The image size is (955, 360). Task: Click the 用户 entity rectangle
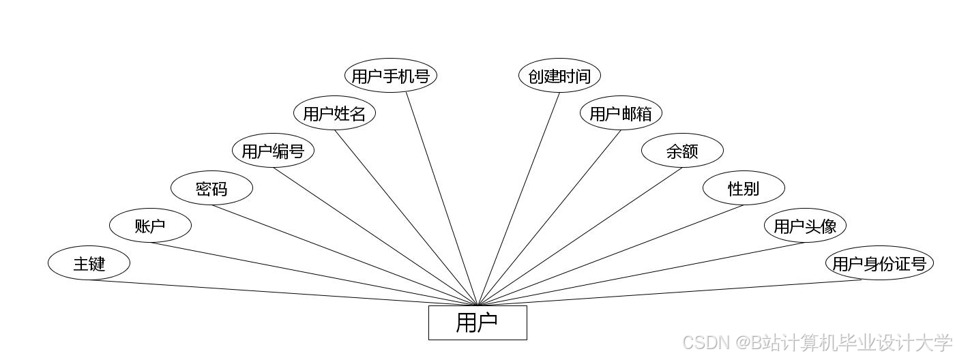click(477, 322)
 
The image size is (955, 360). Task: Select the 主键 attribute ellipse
click(89, 263)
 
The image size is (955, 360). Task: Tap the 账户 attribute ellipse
click(150, 226)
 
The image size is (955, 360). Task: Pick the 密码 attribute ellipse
click(211, 188)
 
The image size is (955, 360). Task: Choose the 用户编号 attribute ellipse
click(273, 151)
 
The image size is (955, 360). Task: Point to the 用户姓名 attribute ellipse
click(334, 113)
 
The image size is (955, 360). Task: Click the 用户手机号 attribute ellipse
click(390, 76)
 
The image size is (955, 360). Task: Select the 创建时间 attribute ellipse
click(559, 76)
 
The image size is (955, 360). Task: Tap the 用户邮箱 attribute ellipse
click(621, 113)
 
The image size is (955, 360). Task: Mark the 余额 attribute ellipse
click(682, 151)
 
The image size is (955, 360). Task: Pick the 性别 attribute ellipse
click(744, 188)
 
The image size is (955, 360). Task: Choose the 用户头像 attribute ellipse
click(805, 226)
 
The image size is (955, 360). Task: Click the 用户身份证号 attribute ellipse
click(879, 263)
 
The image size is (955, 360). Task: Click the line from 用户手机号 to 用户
click(442, 198)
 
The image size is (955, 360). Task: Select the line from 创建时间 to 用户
click(518, 199)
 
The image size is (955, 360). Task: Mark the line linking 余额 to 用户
click(580, 237)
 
